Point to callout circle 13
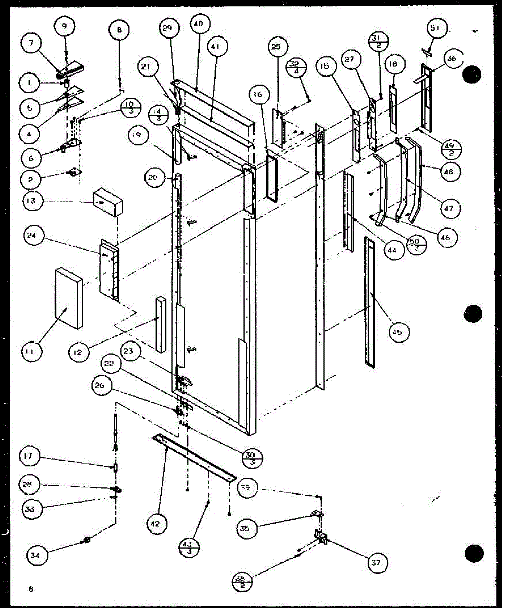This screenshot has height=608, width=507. click(32, 202)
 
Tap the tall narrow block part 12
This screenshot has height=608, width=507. click(161, 324)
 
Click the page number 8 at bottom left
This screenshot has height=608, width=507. click(31, 589)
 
